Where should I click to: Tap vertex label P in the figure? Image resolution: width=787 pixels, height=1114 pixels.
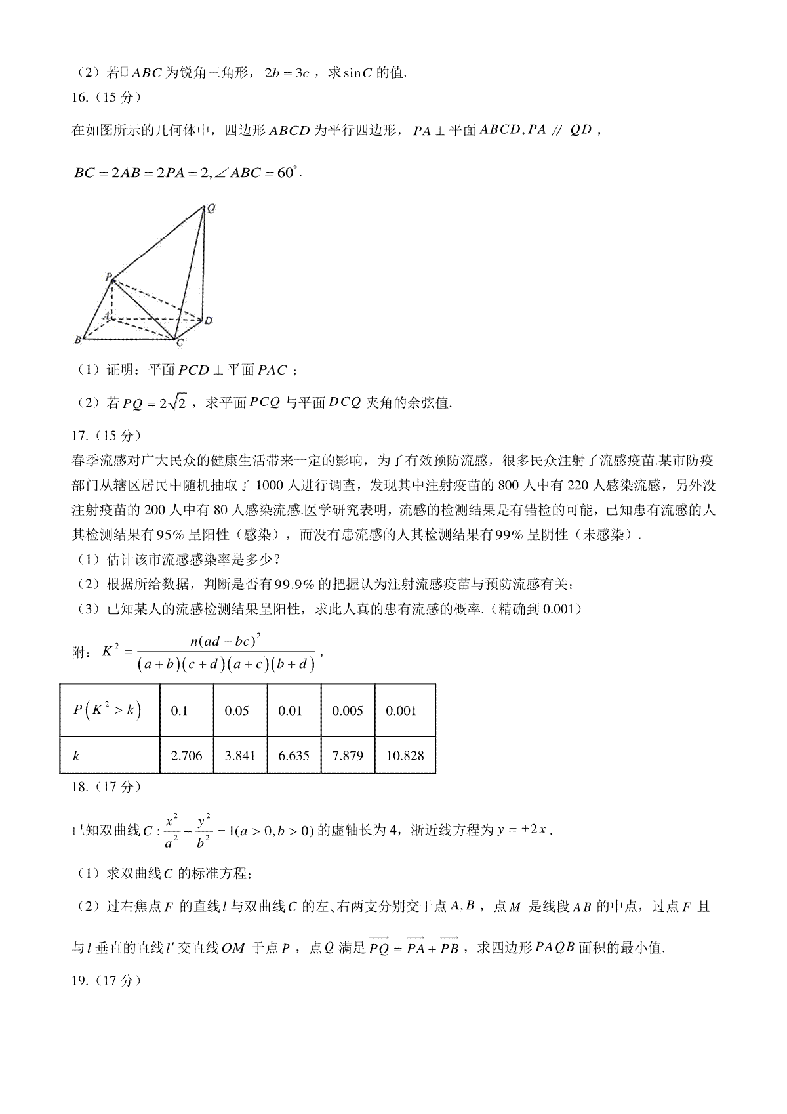pyautogui.click(x=108, y=277)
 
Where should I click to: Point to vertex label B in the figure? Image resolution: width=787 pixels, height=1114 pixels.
pyautogui.click(x=77, y=339)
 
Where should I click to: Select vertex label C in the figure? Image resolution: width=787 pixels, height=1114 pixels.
pyautogui.click(x=180, y=342)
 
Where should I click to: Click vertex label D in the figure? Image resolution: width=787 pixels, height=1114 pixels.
pyautogui.click(x=208, y=320)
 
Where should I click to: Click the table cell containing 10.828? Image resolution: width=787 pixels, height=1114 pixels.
pyautogui.click(x=405, y=756)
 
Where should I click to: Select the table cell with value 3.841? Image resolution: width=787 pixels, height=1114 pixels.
pyautogui.click(x=240, y=756)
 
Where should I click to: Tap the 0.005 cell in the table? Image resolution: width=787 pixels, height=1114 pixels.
pyautogui.click(x=348, y=711)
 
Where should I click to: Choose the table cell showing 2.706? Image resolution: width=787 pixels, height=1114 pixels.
pyautogui.click(x=186, y=756)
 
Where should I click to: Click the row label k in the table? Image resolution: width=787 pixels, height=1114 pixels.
pyautogui.click(x=77, y=756)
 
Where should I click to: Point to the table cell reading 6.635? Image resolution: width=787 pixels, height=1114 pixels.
pyautogui.click(x=294, y=756)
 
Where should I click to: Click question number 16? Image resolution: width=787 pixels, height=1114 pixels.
pyautogui.click(x=79, y=98)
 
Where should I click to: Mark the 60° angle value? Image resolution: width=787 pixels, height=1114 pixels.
pyautogui.click(x=287, y=174)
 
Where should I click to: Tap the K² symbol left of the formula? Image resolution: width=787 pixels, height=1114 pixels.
pyautogui.click(x=110, y=651)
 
